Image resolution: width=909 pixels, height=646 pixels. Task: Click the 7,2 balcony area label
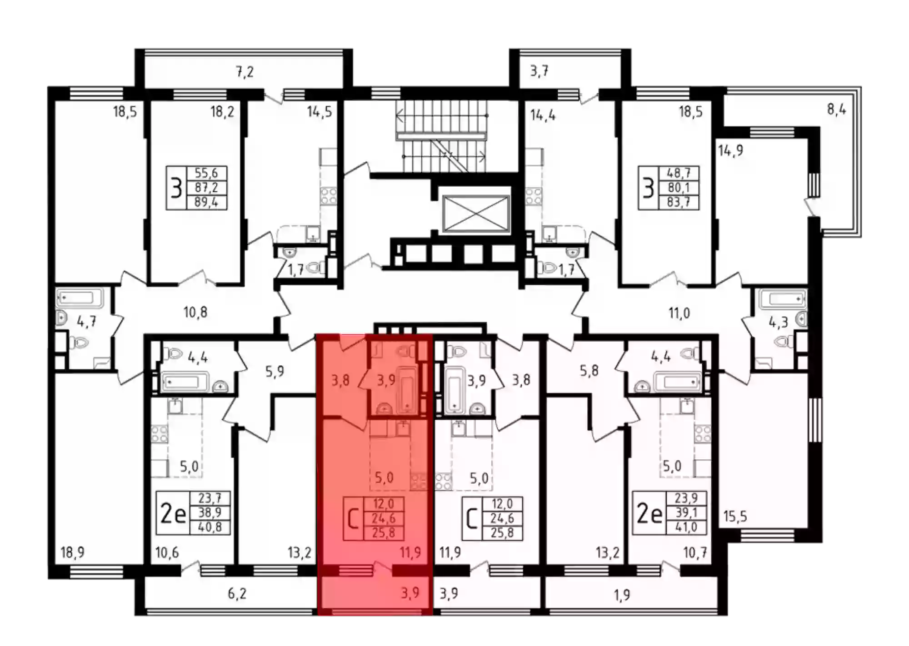coord(245,72)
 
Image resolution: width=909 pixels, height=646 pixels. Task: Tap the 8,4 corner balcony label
coord(836,109)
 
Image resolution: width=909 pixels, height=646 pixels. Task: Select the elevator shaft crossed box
coord(475,213)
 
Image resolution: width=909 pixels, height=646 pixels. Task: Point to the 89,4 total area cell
coord(206,202)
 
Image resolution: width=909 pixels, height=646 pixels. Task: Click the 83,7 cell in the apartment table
coord(678,202)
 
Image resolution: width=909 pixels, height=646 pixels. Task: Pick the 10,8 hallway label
coord(195,312)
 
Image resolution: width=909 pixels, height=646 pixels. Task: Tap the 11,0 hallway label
coord(679,313)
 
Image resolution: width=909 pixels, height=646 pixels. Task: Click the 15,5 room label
coord(735,517)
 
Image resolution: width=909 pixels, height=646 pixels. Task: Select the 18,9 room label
coord(73,552)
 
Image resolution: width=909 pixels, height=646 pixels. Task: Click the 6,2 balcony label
coord(237,594)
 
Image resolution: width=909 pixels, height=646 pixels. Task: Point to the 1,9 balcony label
coord(622,595)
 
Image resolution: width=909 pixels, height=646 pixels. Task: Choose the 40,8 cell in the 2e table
coord(210,527)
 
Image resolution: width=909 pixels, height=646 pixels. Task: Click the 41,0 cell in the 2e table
coord(686,527)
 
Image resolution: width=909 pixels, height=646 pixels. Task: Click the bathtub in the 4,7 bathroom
coord(80,298)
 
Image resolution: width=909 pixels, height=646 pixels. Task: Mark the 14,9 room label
coord(730,150)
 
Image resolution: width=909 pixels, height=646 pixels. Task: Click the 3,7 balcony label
coord(539,71)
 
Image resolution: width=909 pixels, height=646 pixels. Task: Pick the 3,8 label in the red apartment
coord(340,380)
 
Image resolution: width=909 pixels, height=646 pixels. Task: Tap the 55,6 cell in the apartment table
coord(206,173)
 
